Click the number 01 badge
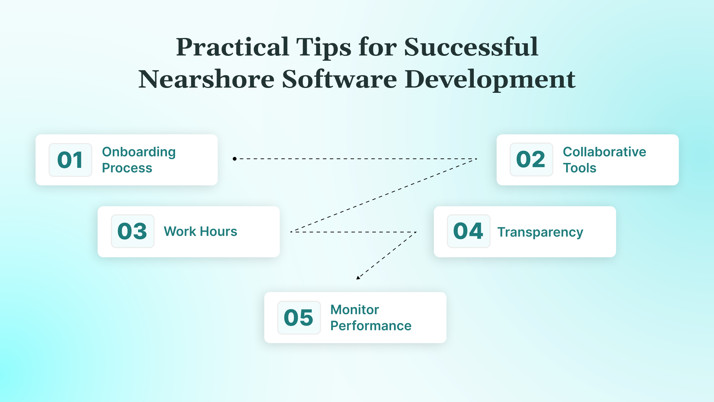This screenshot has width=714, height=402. (x=70, y=160)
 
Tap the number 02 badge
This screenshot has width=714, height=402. (x=531, y=159)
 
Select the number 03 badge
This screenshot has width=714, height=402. (x=132, y=231)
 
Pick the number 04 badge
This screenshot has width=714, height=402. (x=468, y=231)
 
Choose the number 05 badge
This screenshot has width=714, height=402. (x=299, y=318)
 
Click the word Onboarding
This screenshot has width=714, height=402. (x=139, y=152)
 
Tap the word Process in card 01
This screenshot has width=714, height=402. (x=127, y=168)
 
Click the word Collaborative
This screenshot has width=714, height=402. (x=604, y=152)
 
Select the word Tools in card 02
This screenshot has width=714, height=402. (x=579, y=168)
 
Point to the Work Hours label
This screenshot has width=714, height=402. (x=200, y=231)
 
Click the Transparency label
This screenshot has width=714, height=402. (x=540, y=232)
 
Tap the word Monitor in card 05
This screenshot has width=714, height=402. (x=355, y=310)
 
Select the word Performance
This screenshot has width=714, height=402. (x=371, y=326)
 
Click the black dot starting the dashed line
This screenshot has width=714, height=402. (x=235, y=159)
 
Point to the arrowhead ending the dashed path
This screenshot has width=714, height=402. (x=358, y=278)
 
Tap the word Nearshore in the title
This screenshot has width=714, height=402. (x=206, y=79)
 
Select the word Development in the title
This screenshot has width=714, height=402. (x=490, y=79)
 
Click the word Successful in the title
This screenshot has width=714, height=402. (x=471, y=47)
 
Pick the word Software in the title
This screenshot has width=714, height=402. (x=339, y=79)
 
